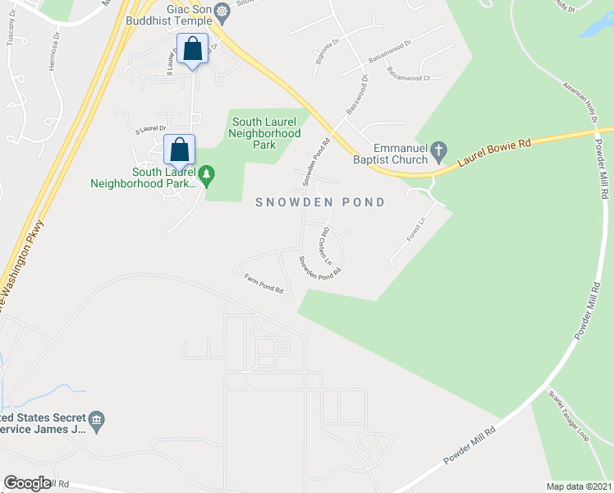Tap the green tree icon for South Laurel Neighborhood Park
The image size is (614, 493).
point(207,173)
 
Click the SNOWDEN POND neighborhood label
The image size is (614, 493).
point(320,202)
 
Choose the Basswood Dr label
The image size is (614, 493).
point(355,95)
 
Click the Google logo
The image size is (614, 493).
point(27,483)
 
